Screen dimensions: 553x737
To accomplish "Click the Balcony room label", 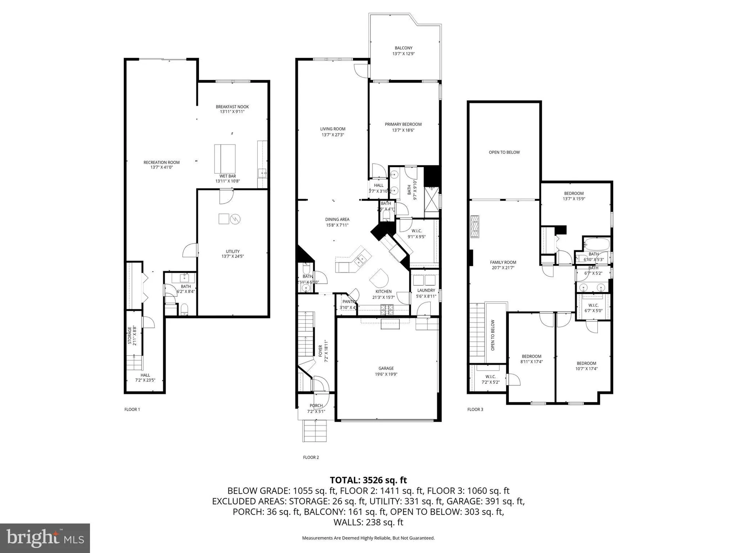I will click(x=404, y=48).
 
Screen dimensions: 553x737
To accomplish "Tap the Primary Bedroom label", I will click(x=403, y=124).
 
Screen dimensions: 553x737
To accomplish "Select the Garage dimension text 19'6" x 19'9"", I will click(x=386, y=374).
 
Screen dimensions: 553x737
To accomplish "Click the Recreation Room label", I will click(x=161, y=162).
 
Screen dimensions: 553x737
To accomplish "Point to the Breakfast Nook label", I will click(x=232, y=107).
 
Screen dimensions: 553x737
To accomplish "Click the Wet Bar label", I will click(x=227, y=176).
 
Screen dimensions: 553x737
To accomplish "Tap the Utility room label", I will click(x=233, y=251).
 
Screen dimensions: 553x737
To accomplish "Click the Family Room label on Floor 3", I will click(x=503, y=262).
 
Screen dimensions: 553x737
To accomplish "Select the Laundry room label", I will click(x=426, y=291).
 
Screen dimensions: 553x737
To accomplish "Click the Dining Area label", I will click(x=337, y=219).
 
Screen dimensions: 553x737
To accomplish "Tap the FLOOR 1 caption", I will click(x=132, y=409).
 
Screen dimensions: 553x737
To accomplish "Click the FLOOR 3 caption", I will click(x=475, y=409).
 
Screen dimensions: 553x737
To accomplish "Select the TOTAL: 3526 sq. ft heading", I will click(x=368, y=480).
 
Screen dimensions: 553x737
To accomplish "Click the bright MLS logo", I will click(x=45, y=538).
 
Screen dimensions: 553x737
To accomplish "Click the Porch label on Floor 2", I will click(x=316, y=406).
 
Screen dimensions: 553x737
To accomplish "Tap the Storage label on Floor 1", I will click(x=130, y=335).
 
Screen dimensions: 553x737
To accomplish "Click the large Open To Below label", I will click(x=504, y=152).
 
